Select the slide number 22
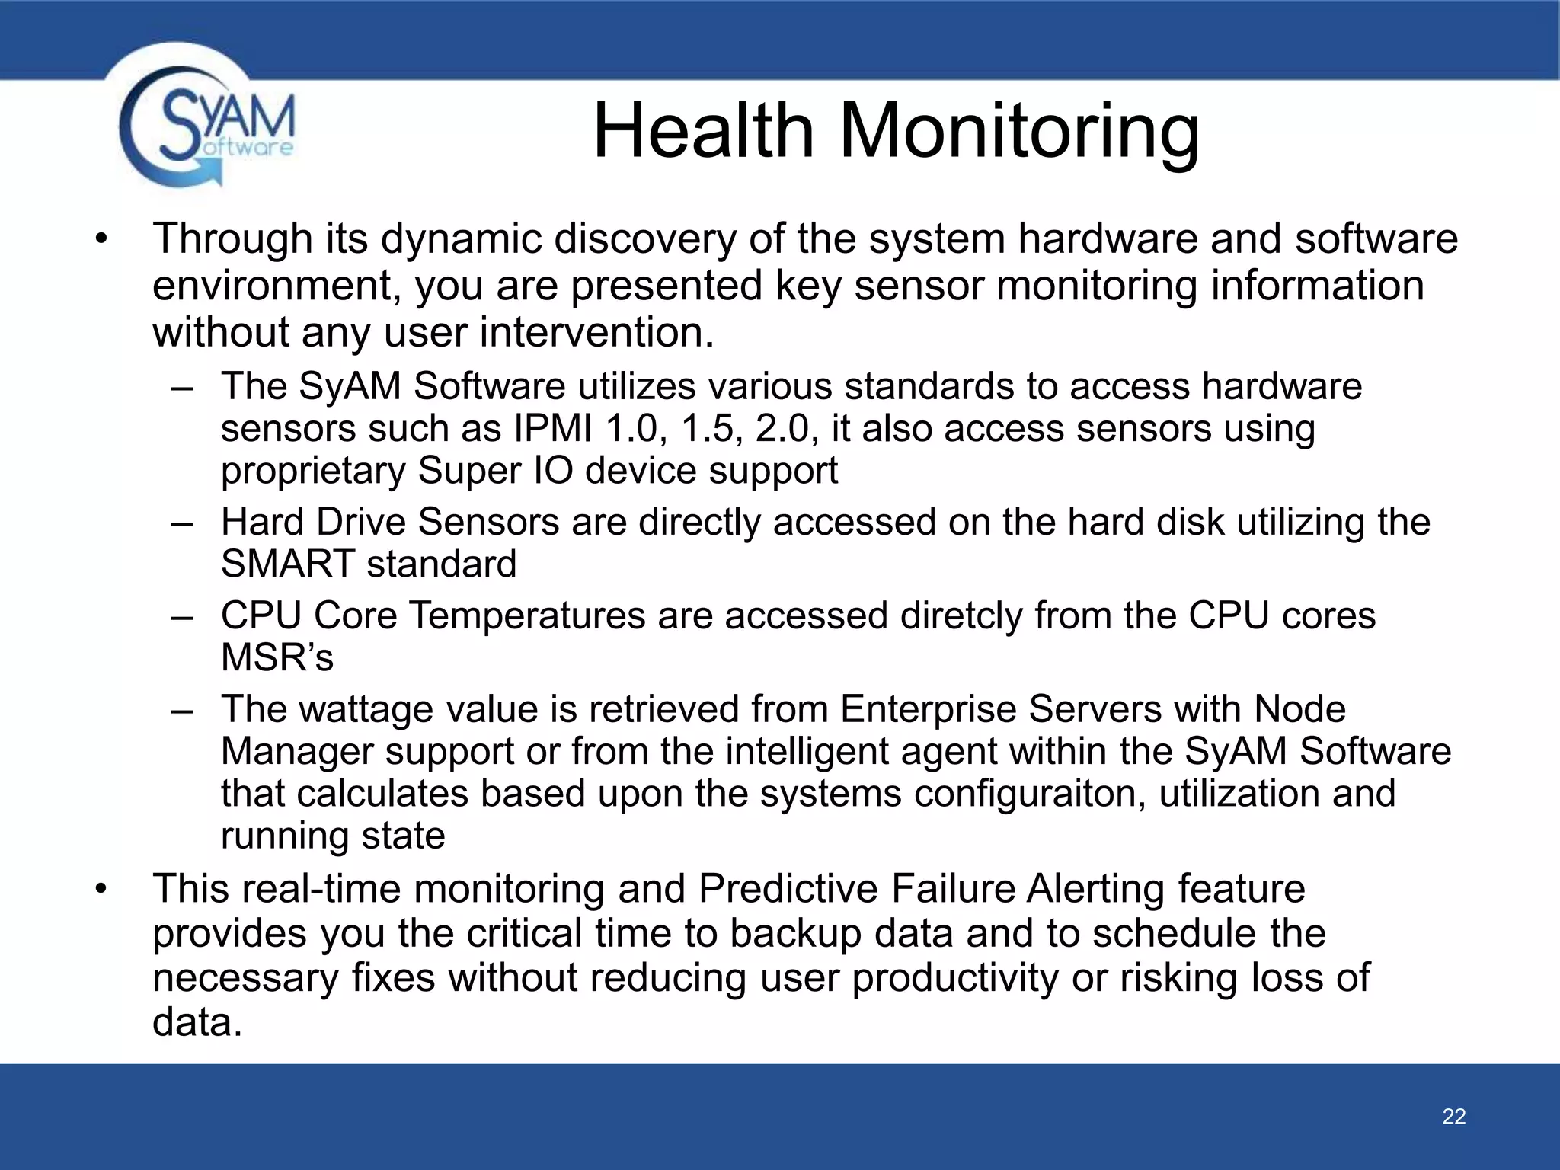coord(1453,1116)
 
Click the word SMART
coord(287,564)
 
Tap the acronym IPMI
coord(553,429)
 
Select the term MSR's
coord(277,657)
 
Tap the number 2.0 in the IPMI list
coord(782,429)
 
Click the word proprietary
coord(312,471)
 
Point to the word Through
coord(233,239)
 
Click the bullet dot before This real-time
coord(102,889)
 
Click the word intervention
coord(596,333)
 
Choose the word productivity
coord(955,978)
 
